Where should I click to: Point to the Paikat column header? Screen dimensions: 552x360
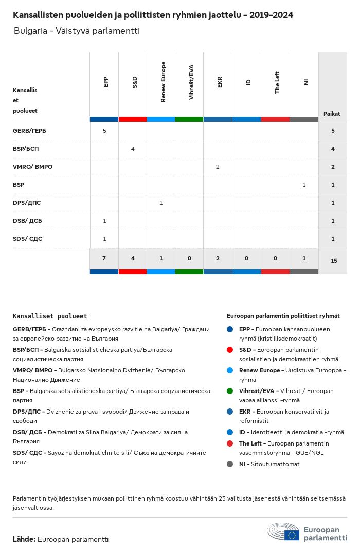coord(332,114)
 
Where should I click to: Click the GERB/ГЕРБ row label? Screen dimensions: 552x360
coord(29,131)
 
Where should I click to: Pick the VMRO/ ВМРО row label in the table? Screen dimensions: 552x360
coord(32,167)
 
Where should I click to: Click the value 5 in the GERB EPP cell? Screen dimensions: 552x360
coord(104,131)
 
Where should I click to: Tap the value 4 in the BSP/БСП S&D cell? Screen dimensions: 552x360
coord(133,149)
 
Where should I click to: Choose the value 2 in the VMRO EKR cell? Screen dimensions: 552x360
coord(218,167)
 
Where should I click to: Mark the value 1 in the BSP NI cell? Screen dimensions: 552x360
coord(304,185)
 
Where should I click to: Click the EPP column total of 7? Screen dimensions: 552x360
coord(104,258)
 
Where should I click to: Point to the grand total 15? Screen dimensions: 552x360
coord(334,261)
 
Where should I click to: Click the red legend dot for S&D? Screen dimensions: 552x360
coord(230,350)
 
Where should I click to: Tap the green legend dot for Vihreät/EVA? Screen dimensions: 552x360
coord(230,391)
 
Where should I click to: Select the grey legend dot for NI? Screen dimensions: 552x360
coord(230,464)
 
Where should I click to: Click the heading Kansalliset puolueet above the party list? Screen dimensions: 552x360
coord(50,316)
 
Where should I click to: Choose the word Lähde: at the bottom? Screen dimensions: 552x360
coord(24,539)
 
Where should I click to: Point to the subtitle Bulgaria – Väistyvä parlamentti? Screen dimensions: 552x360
coord(77,31)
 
